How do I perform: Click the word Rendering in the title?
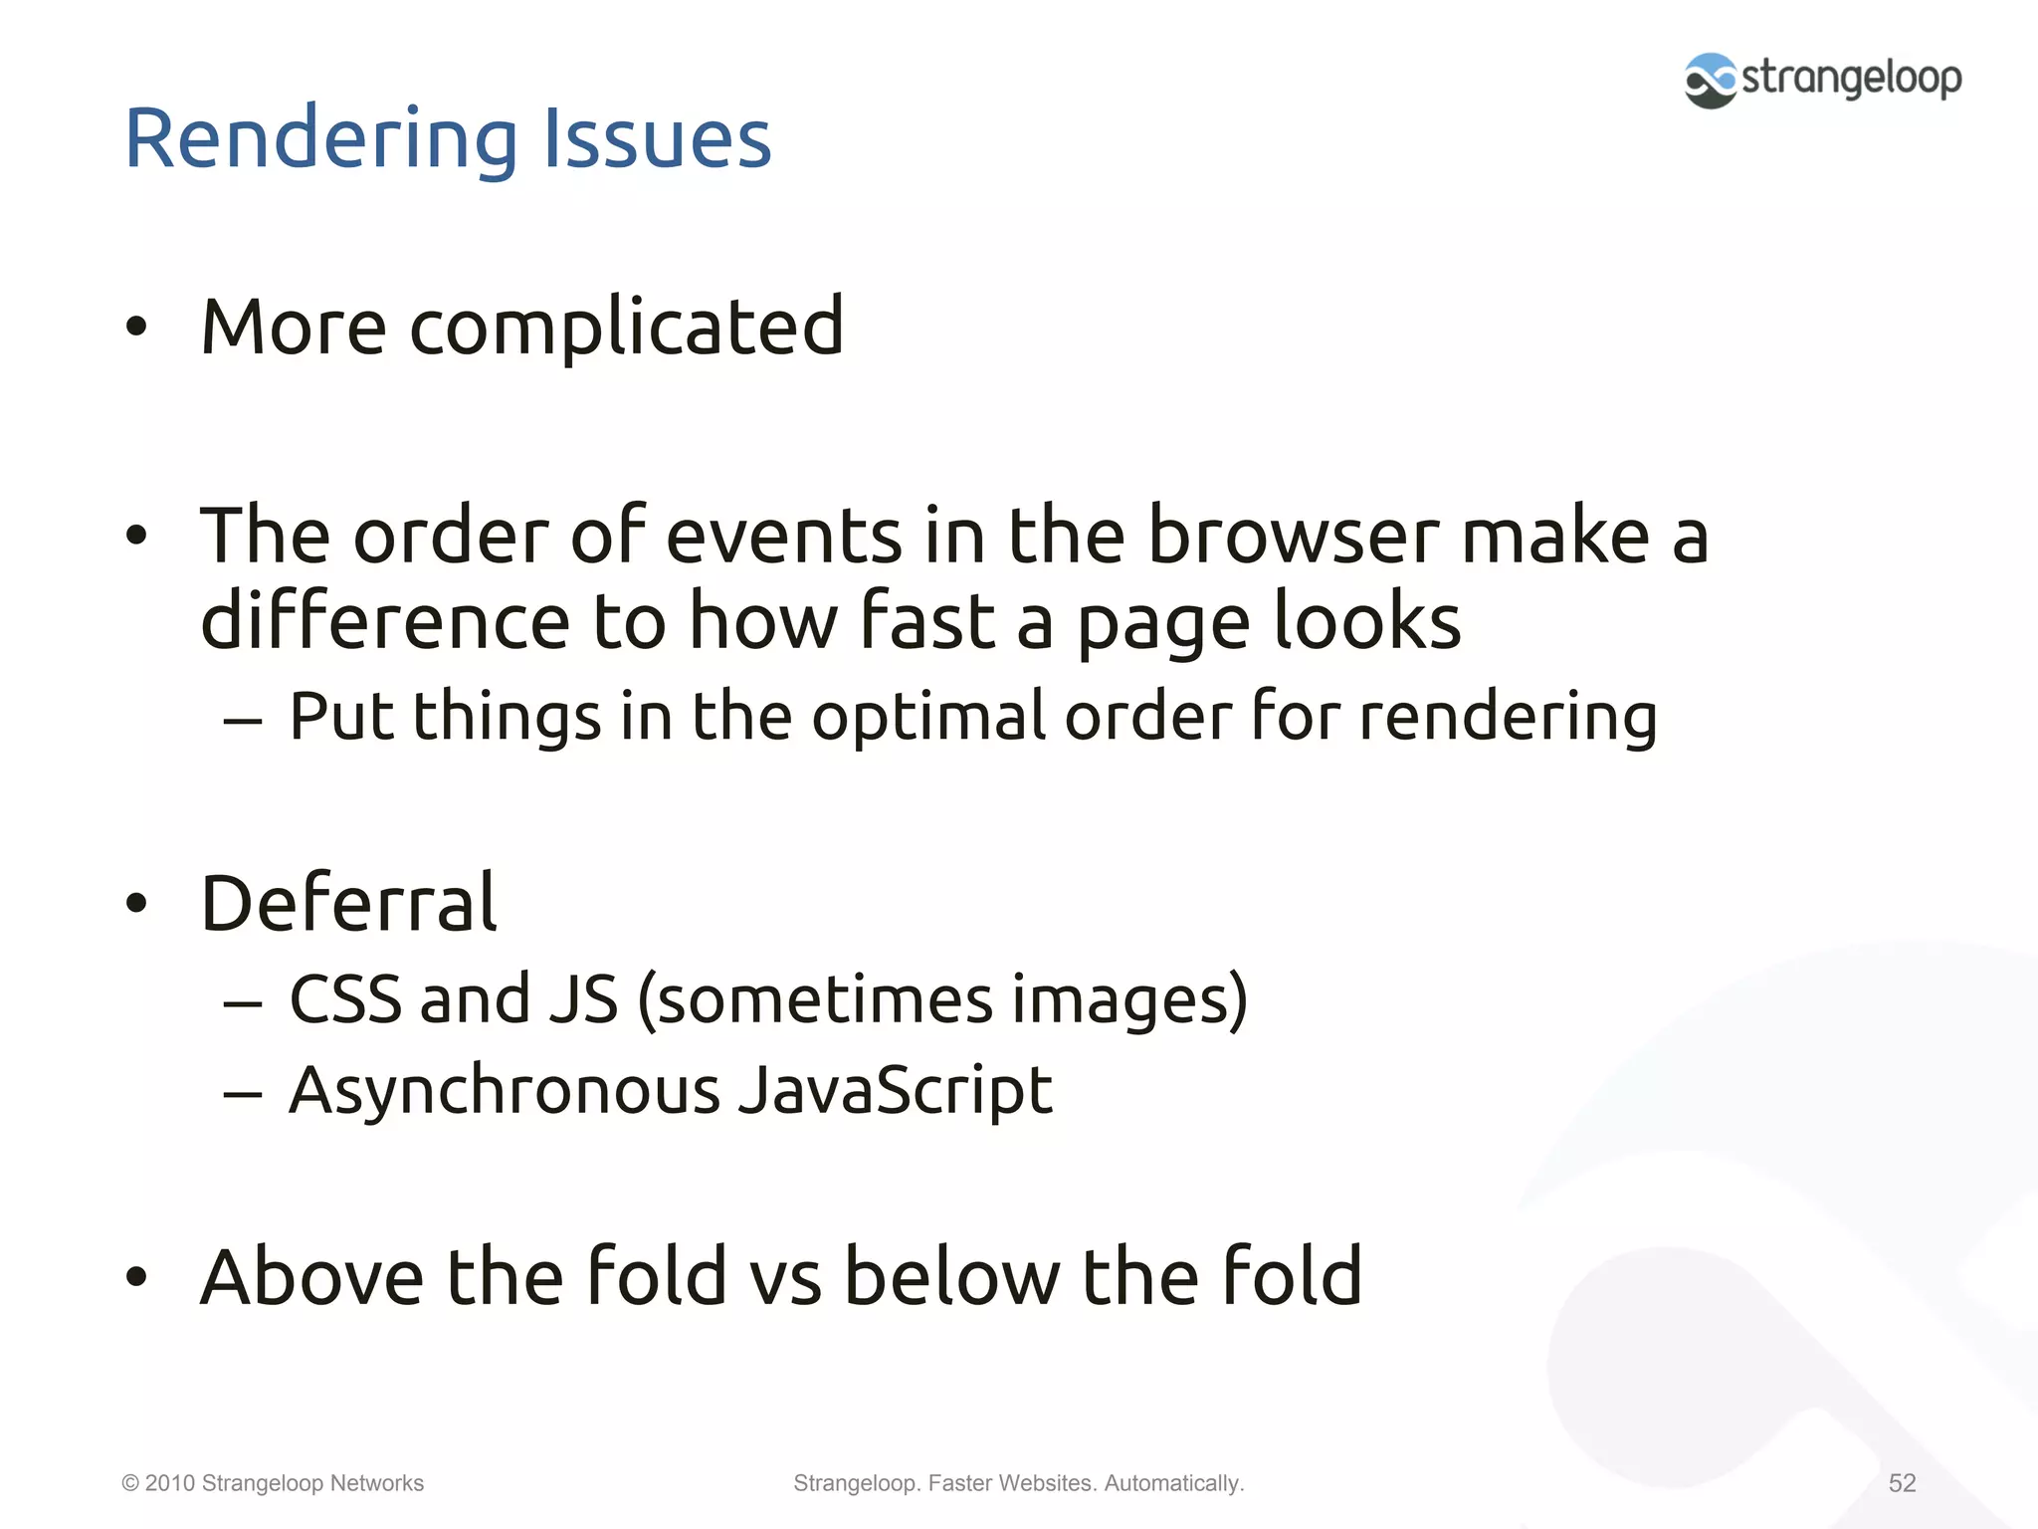[320, 139]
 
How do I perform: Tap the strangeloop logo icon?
[1711, 80]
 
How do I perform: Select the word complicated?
[627, 328]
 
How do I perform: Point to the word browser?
[1294, 536]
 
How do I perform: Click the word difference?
[385, 621]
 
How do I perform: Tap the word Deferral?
[348, 903]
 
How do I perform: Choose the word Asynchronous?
[504, 1091]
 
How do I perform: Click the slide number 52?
[1902, 1483]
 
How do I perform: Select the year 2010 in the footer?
[169, 1483]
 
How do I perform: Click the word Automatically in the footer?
[1173, 1483]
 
